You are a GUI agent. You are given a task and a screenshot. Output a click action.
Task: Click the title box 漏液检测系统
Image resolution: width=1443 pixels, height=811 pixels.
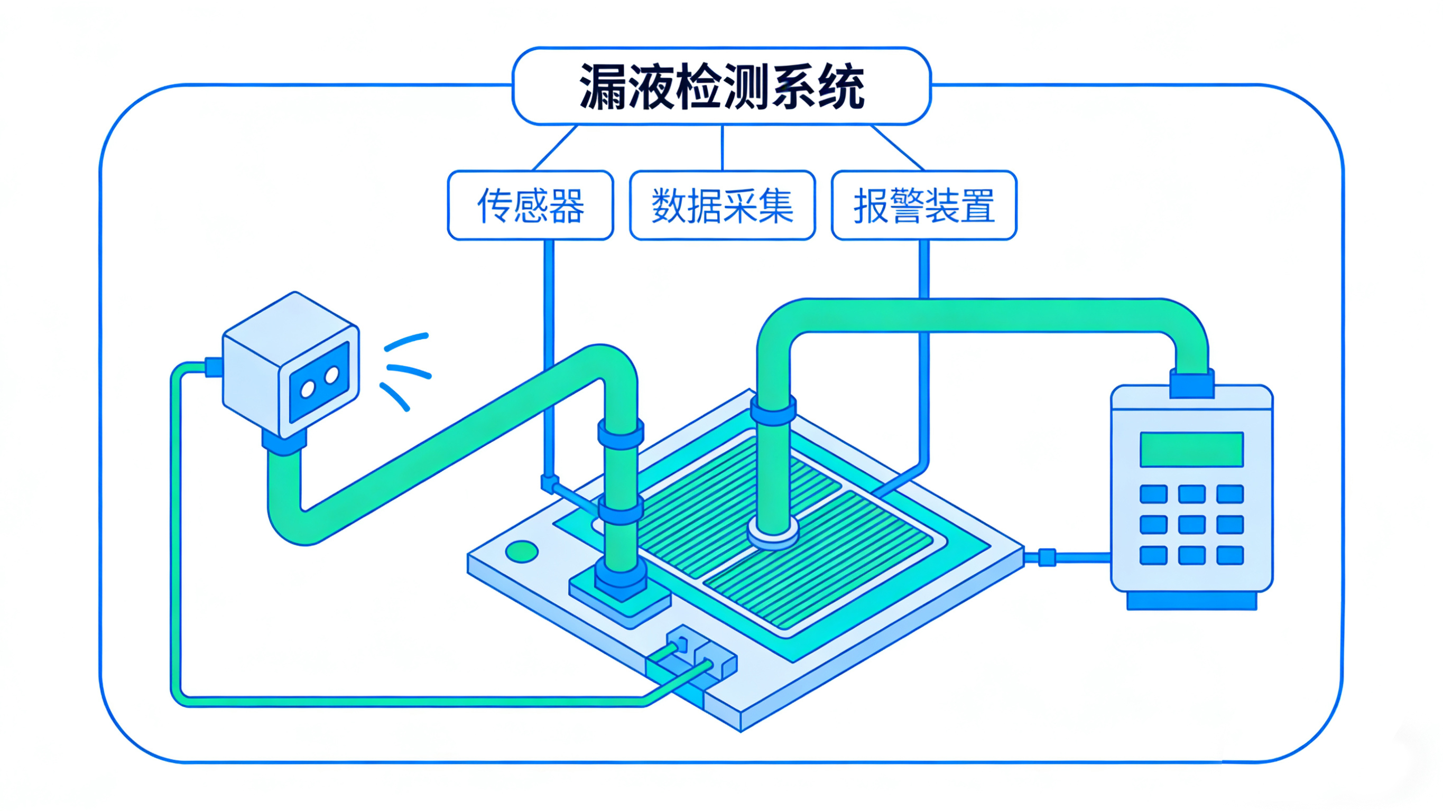721,86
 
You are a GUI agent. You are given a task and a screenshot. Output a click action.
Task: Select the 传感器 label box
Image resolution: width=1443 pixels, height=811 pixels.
530,206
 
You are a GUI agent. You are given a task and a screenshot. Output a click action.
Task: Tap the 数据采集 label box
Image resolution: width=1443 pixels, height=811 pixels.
722,206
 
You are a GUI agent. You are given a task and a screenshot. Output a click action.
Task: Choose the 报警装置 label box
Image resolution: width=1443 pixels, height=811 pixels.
924,206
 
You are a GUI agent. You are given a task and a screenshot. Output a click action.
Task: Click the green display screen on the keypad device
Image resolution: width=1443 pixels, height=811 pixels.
1191,449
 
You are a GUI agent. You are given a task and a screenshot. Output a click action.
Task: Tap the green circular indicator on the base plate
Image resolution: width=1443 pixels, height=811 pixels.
522,552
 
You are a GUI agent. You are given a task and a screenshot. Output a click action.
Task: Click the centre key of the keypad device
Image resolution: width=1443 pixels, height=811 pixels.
1191,525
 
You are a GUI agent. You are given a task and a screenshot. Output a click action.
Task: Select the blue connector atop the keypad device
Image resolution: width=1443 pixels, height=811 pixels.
1191,384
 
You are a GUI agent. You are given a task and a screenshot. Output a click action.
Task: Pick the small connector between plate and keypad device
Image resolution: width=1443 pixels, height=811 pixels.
1047,558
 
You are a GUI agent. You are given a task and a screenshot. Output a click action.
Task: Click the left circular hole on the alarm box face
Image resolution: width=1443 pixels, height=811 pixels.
308,388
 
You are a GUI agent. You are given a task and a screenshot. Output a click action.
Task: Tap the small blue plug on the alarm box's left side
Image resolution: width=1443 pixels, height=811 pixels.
214,367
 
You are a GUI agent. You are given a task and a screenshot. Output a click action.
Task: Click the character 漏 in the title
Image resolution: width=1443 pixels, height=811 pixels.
602,87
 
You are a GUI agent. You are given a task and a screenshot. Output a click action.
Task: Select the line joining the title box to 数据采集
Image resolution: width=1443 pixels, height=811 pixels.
722,147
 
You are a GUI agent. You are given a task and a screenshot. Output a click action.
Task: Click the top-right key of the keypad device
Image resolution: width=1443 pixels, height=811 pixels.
1229,495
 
